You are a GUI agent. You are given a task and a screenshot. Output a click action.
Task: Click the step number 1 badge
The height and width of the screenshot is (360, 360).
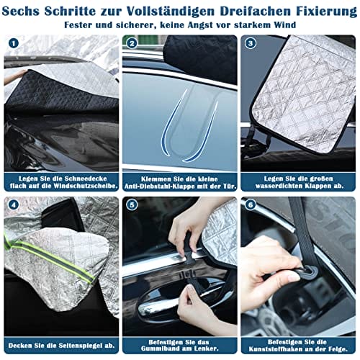pos(14,43)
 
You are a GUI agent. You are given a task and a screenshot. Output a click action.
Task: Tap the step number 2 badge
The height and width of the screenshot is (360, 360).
pos(132,43)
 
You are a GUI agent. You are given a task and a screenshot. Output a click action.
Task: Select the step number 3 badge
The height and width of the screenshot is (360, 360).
pos(251,43)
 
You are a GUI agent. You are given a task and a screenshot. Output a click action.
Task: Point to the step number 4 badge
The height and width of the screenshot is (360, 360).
pos(14,205)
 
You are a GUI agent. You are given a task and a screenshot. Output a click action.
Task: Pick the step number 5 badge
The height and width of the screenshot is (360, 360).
pos(132,205)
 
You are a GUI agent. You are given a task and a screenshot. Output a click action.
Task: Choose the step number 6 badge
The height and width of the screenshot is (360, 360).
pos(251,205)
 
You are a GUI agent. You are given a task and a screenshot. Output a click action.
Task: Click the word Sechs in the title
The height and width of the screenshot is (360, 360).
pos(21,12)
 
